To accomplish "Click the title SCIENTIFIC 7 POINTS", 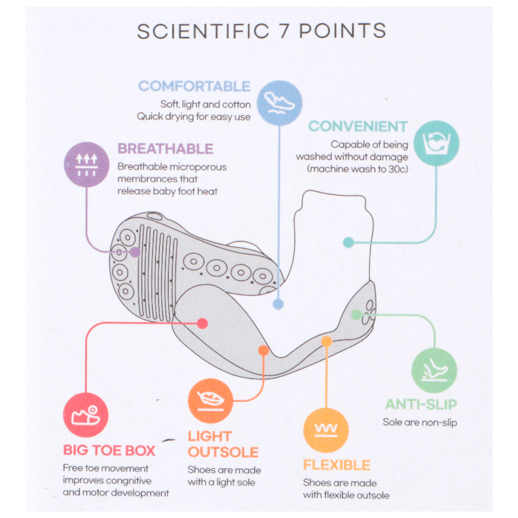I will point(261,32).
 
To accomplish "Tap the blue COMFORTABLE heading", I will point(194,86).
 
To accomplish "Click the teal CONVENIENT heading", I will point(357,126).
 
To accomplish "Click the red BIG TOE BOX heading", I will point(111,450).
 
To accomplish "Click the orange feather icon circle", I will point(209,400).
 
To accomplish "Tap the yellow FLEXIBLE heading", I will point(337,465).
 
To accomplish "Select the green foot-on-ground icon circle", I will point(434,370).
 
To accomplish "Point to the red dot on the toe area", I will point(202,322).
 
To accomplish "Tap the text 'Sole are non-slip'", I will point(420,422).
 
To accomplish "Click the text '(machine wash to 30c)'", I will point(357,168).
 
